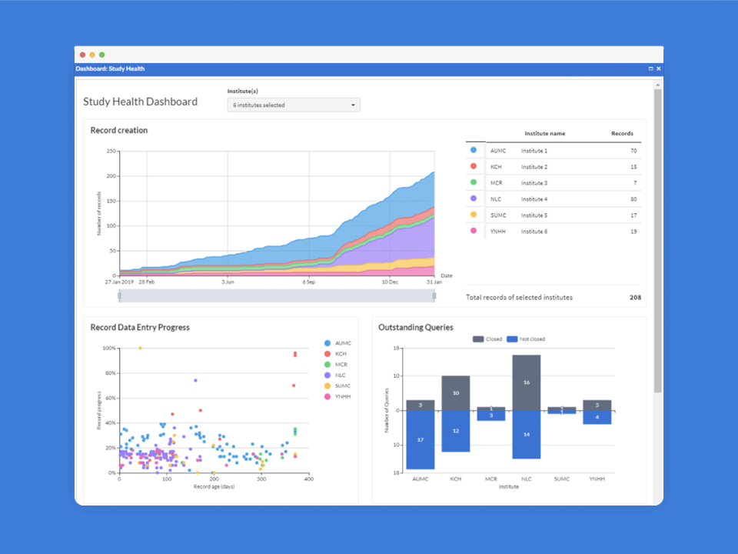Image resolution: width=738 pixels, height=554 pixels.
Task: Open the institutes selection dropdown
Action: coord(294,105)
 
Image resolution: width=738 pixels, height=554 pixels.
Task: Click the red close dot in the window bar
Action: coord(82,55)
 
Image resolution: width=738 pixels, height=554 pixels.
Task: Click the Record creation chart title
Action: coord(119,131)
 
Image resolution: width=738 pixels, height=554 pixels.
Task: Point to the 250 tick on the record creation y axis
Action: coord(111,151)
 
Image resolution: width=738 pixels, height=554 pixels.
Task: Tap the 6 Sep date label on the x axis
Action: coord(309,282)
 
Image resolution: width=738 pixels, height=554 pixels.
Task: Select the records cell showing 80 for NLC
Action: coord(633,199)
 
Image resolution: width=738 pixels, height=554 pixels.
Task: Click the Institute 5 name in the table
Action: coord(534,215)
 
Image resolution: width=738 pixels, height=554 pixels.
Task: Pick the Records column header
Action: coord(622,134)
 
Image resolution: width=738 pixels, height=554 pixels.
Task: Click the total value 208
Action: coord(635,297)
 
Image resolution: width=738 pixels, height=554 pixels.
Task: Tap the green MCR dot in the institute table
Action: coord(474,182)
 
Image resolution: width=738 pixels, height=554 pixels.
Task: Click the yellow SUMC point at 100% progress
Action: coord(140,348)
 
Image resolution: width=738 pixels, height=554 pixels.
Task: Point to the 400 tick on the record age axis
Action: coord(307,479)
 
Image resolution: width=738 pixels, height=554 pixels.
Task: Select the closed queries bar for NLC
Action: coord(527,382)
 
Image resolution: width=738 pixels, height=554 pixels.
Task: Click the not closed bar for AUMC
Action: coord(421,439)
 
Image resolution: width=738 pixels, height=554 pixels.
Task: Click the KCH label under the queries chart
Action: coord(456,479)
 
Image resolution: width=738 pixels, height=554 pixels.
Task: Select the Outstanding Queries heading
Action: coord(416,328)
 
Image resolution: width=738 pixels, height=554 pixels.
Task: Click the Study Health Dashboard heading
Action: coord(141,102)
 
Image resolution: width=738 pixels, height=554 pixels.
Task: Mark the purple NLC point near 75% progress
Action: coord(195,380)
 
